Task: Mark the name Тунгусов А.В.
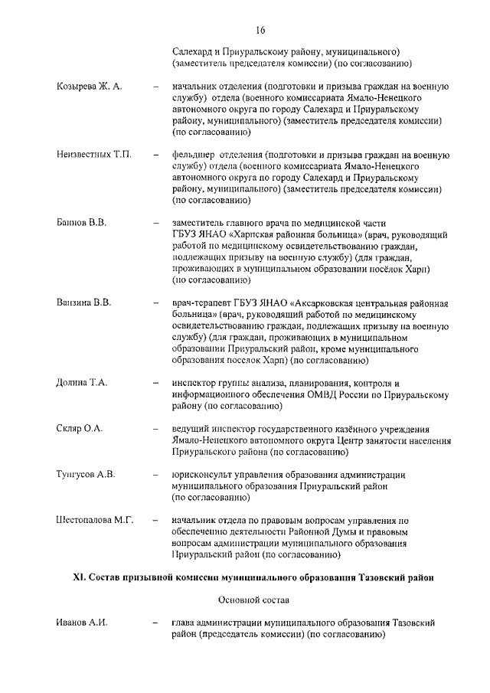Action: click(86, 474)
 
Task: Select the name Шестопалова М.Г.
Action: click(95, 520)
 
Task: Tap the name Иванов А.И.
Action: click(81, 622)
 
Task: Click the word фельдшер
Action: click(194, 155)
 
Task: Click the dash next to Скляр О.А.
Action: click(156, 428)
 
